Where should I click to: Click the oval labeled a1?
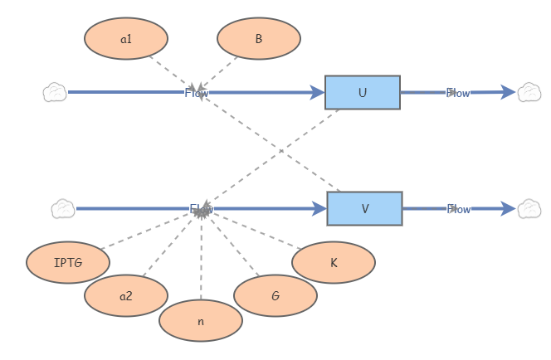tap(126, 38)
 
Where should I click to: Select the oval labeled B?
tap(259, 38)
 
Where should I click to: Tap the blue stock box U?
tap(362, 93)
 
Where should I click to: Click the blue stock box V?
tap(364, 209)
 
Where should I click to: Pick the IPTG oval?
tap(68, 263)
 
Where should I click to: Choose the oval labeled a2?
tap(126, 296)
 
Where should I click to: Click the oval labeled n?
tap(200, 321)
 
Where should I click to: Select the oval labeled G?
tap(275, 296)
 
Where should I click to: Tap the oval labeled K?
tap(334, 263)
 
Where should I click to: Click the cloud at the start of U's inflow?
tap(55, 92)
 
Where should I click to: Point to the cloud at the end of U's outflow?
tap(529, 92)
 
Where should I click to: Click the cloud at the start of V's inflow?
tap(63, 208)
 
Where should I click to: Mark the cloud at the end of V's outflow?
tap(529, 208)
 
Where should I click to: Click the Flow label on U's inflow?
tap(197, 93)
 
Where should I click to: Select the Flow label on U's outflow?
tap(458, 93)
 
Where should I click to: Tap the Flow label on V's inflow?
tap(202, 209)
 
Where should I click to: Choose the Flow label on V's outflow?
tap(459, 209)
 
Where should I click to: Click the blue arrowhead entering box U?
tap(316, 93)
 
